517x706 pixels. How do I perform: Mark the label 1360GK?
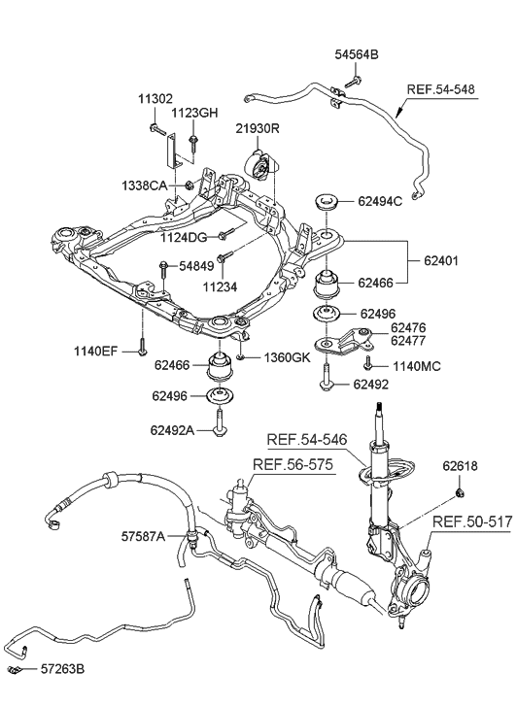coord(288,358)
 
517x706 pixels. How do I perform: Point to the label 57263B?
coord(62,670)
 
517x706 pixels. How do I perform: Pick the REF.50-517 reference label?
coord(471,521)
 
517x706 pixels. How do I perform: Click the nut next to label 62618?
coord(456,496)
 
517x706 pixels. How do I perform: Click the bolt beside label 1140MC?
coord(368,364)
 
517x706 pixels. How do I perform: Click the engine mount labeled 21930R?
coord(261,169)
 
